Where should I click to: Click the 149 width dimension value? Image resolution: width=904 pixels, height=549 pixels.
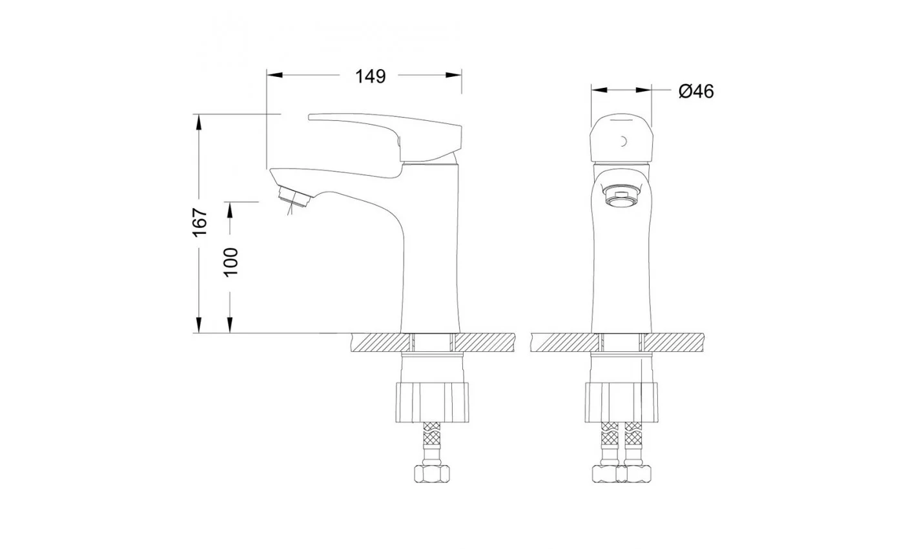coord(370,76)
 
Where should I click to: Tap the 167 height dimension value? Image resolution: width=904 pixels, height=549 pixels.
coord(200,222)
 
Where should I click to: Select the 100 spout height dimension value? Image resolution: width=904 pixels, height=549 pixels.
coord(231,262)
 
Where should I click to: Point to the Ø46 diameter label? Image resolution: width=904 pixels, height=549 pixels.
coord(696,91)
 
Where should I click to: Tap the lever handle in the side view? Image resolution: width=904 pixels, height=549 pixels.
coord(385,137)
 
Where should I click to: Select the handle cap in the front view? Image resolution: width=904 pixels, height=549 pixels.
coord(621,138)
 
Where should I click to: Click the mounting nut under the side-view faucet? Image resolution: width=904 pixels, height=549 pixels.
coord(432,402)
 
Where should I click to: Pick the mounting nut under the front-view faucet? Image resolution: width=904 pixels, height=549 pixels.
coord(621,402)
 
